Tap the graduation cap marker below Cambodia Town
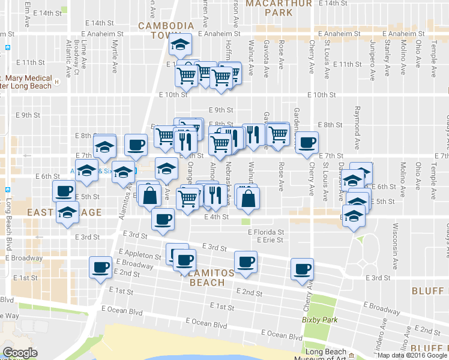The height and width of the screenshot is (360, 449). click(x=179, y=45)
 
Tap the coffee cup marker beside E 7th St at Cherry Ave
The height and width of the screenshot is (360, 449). click(x=307, y=143)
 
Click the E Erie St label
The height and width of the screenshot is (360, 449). click(x=271, y=240)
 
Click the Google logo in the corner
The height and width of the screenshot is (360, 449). click(x=20, y=353)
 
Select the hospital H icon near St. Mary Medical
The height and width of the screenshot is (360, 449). click(x=56, y=82)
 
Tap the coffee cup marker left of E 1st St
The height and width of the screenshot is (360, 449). click(x=100, y=268)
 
